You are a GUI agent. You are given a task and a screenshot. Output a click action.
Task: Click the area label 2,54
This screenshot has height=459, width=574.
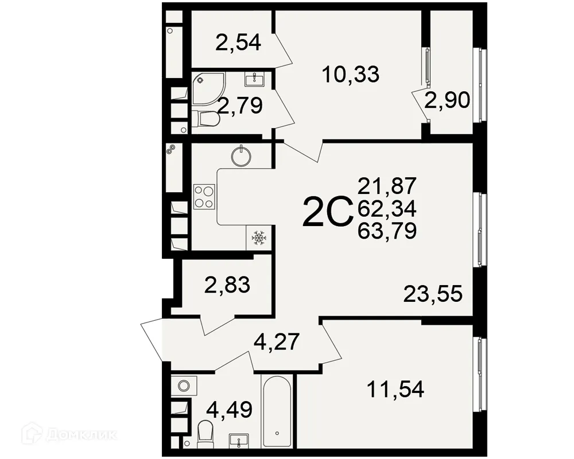click(x=239, y=42)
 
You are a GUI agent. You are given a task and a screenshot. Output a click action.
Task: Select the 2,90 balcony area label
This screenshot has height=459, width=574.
click(x=448, y=100)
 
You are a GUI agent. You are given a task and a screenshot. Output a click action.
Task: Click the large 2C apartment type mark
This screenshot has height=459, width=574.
click(x=326, y=212)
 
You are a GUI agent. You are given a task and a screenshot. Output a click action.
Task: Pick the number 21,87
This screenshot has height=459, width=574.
click(x=386, y=186)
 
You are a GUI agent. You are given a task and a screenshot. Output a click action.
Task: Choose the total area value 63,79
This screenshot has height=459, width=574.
click(x=386, y=231)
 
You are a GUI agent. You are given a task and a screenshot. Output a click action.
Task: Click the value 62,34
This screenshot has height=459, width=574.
click(x=386, y=208)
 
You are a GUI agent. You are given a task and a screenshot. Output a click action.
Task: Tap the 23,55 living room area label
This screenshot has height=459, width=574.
click(x=433, y=294)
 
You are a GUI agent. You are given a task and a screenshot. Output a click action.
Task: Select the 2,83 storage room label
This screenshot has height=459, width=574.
click(x=227, y=284)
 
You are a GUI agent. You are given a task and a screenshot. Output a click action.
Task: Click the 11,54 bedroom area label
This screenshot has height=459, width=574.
click(x=395, y=391)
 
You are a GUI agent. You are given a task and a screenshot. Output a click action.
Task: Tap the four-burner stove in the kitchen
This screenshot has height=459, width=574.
click(x=204, y=196)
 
